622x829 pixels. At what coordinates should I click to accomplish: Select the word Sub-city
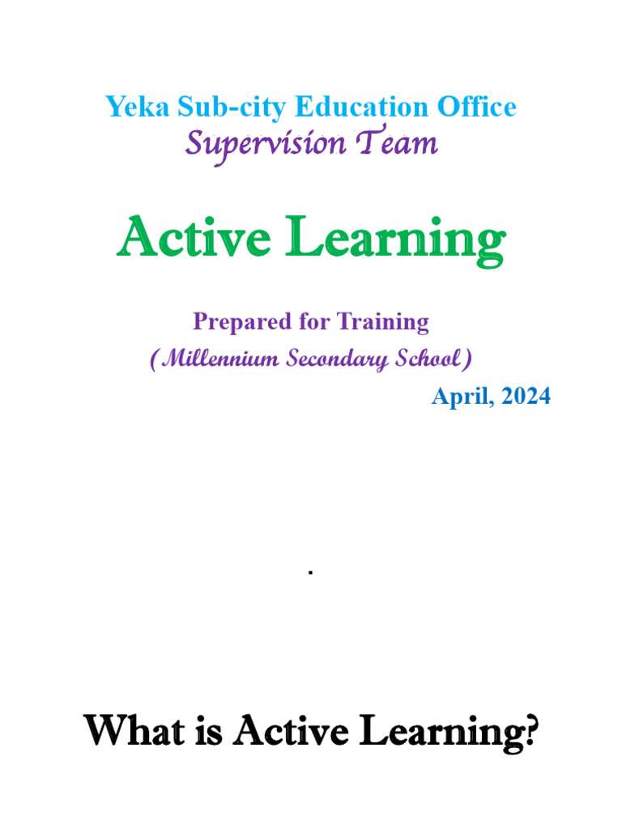[x=232, y=108]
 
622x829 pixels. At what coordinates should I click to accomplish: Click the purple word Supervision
[x=266, y=145]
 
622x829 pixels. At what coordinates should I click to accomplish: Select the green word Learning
[x=395, y=240]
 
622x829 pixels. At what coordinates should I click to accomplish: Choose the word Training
[x=383, y=322]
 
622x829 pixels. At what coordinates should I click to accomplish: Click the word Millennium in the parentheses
[x=220, y=359]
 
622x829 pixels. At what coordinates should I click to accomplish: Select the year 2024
[x=526, y=396]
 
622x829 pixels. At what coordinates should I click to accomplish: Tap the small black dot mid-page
[x=310, y=572]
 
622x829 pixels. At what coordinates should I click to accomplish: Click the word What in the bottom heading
[x=134, y=730]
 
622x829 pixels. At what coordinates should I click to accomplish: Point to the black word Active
[x=291, y=731]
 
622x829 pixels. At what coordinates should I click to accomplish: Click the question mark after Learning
[x=531, y=731]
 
